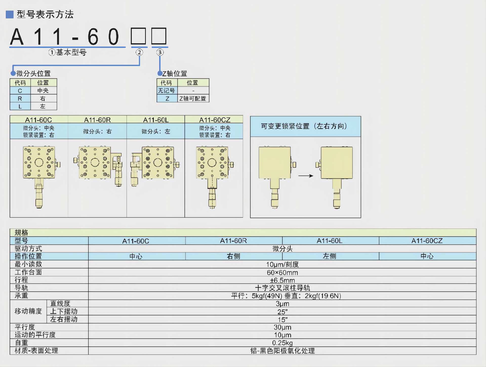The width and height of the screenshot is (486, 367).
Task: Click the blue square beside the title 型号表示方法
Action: tap(10, 14)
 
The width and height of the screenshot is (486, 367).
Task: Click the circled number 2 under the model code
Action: tap(139, 52)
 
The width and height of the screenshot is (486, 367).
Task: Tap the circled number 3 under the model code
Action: tap(160, 52)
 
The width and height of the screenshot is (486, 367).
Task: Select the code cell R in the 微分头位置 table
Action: tap(20, 98)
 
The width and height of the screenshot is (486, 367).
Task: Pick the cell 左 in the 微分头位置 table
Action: tap(43, 106)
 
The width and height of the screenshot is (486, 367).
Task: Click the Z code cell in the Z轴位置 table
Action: tap(167, 98)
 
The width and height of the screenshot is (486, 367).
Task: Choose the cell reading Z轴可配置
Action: tap(193, 98)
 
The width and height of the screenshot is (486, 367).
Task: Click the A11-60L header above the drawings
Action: tap(156, 120)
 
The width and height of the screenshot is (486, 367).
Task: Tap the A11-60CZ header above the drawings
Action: tap(215, 120)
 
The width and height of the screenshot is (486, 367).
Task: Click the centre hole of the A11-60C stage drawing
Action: tap(39, 162)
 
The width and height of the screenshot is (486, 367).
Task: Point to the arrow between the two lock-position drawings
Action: tap(306, 176)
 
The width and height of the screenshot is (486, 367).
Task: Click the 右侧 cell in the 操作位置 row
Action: tap(233, 256)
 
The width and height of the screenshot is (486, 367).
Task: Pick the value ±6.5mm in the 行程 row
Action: tap(282, 280)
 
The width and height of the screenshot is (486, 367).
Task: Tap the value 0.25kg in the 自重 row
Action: tap(282, 343)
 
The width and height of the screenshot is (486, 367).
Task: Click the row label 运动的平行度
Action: tap(35, 335)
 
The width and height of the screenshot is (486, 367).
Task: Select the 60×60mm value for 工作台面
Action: tap(282, 273)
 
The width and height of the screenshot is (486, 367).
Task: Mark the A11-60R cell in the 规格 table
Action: tap(233, 241)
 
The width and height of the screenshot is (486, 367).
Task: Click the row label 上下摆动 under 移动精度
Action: tap(64, 311)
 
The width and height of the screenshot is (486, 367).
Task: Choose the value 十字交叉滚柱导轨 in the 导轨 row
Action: tap(282, 288)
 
